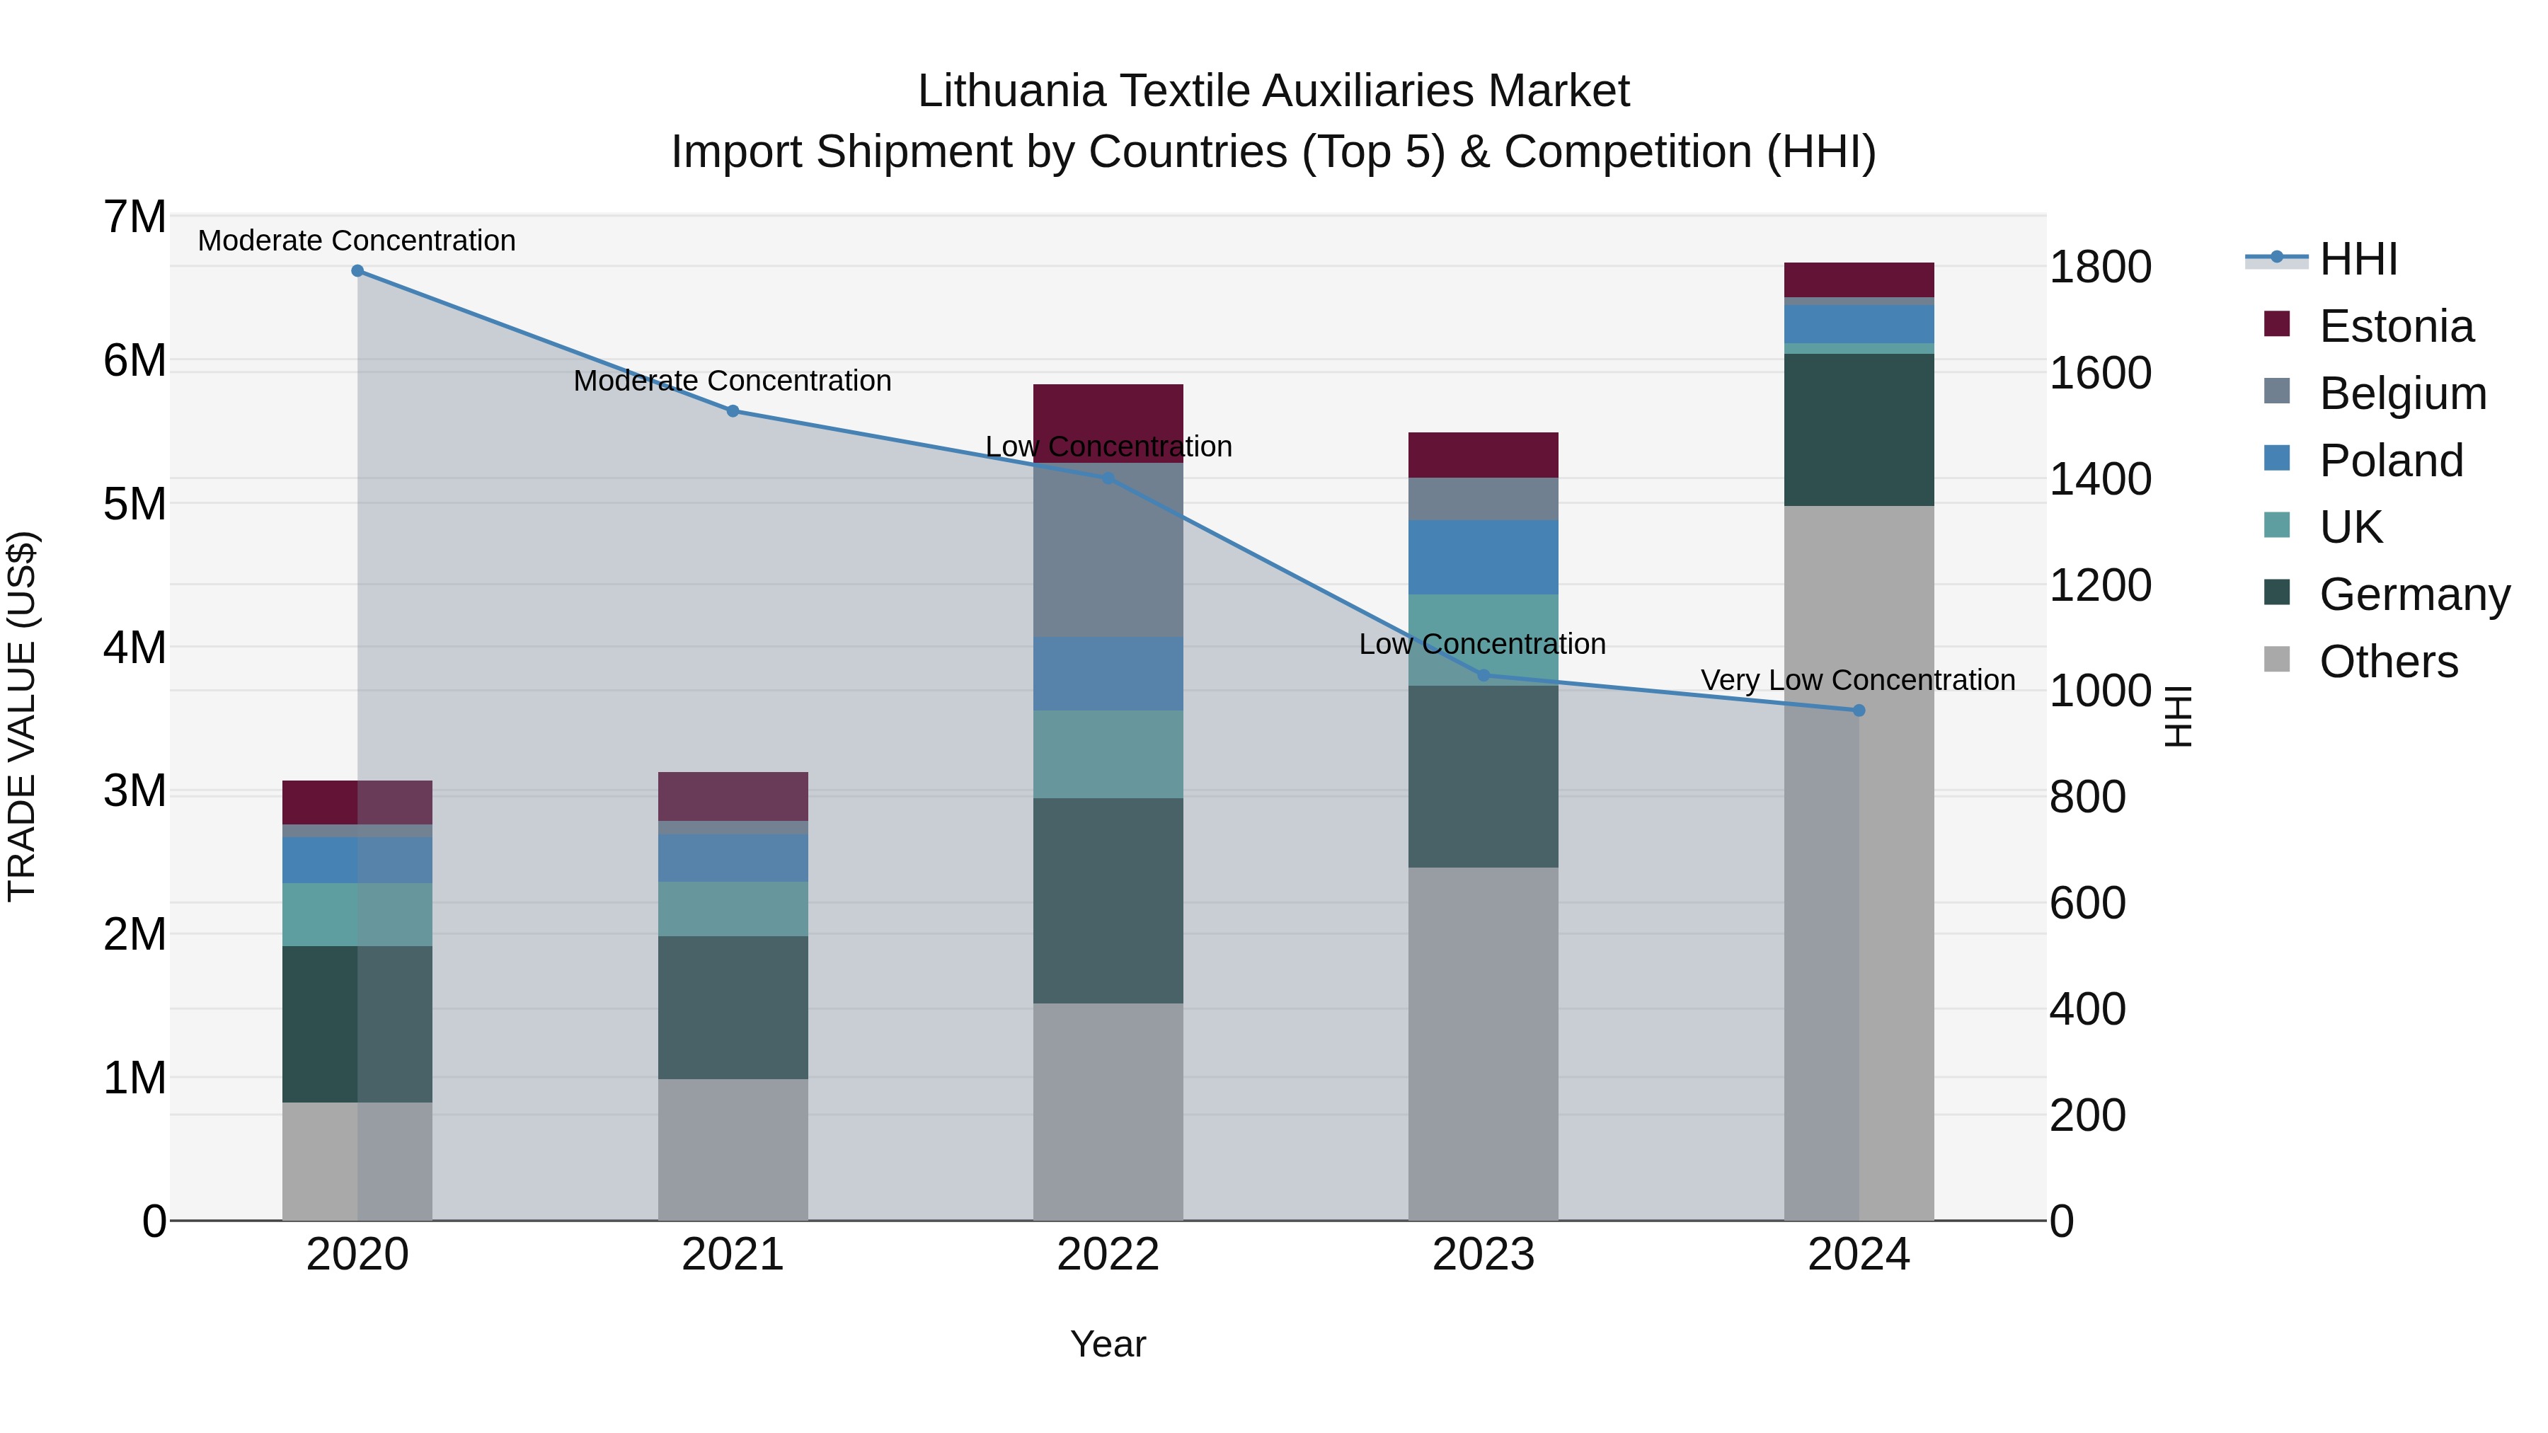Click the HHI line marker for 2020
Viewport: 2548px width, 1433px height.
pyautogui.click(x=357, y=271)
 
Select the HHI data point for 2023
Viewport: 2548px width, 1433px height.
pyautogui.click(x=1483, y=676)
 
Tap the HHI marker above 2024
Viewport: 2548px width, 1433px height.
pyautogui.click(x=1859, y=710)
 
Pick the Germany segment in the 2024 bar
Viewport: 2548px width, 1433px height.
pyautogui.click(x=1859, y=430)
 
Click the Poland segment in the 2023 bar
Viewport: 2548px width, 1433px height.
pyautogui.click(x=1483, y=557)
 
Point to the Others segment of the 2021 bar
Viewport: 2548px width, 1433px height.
pyautogui.click(x=733, y=1149)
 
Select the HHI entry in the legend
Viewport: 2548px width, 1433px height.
pyautogui.click(x=2358, y=259)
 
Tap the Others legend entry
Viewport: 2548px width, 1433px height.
pyautogui.click(x=2388, y=662)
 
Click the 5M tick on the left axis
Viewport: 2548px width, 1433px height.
pyautogui.click(x=134, y=503)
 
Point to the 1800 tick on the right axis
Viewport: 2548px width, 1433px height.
pyautogui.click(x=2099, y=267)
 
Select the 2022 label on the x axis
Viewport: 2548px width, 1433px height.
pyautogui.click(x=1108, y=1255)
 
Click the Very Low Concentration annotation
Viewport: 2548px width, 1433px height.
pyautogui.click(x=1858, y=680)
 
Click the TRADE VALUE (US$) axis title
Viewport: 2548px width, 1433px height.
pyautogui.click(x=22, y=717)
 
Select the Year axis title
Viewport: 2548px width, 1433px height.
pyautogui.click(x=1108, y=1344)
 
